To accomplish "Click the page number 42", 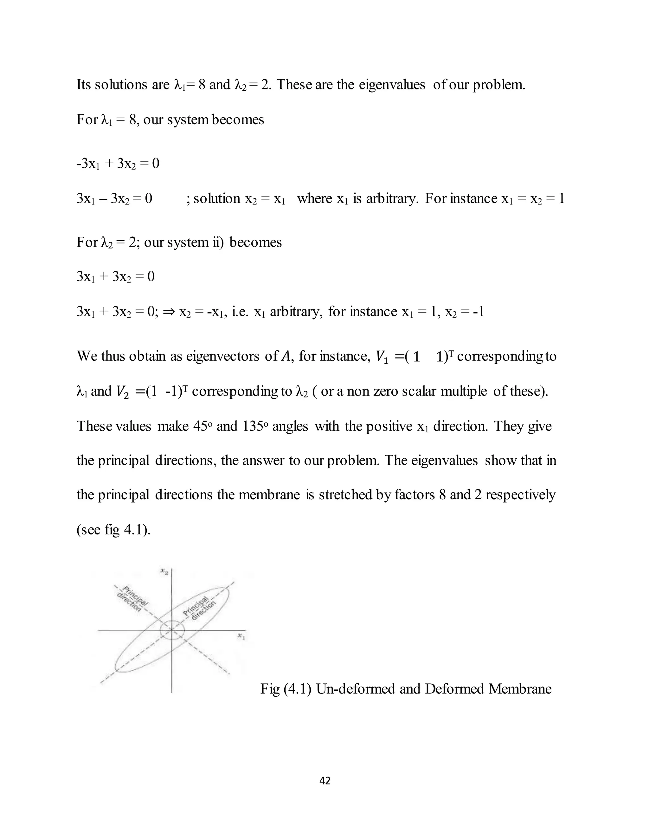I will pos(325,780).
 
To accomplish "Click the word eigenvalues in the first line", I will pos(392,85).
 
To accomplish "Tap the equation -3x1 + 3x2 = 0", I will pos(118,164).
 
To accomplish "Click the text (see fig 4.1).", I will pos(113,530).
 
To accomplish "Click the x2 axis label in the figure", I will pos(164,572).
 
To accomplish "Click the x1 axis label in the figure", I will pos(241,636).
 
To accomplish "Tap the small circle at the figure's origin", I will pos(172,630).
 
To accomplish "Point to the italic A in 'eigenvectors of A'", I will pos(285,357).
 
